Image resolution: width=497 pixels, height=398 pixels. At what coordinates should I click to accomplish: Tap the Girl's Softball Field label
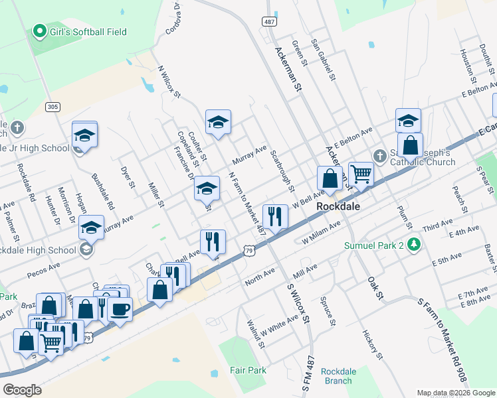pos(88,32)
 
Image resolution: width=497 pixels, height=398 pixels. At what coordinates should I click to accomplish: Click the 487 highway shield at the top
pos(270,22)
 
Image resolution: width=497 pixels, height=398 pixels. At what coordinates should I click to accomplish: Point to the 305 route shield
pos(53,106)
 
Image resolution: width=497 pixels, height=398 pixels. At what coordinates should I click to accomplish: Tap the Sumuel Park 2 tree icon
pos(415,245)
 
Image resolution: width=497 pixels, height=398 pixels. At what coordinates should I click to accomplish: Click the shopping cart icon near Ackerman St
pos(361,174)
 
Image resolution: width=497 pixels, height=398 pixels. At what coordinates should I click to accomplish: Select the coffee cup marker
pos(120,309)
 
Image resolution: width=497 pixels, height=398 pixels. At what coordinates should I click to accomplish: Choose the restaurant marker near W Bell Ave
pos(275,216)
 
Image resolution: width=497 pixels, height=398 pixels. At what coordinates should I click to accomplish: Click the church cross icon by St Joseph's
pos(379,156)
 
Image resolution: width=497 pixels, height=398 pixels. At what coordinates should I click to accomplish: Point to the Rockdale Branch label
pos(338,375)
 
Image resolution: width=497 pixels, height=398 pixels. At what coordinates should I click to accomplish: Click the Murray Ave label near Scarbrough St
pos(250,156)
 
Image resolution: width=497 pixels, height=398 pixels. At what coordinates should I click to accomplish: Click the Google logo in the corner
pos(22,390)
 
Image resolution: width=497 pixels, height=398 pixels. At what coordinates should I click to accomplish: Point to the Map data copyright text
pos(456,393)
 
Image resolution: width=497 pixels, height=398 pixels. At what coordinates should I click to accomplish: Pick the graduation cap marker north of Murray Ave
pos(218,122)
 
